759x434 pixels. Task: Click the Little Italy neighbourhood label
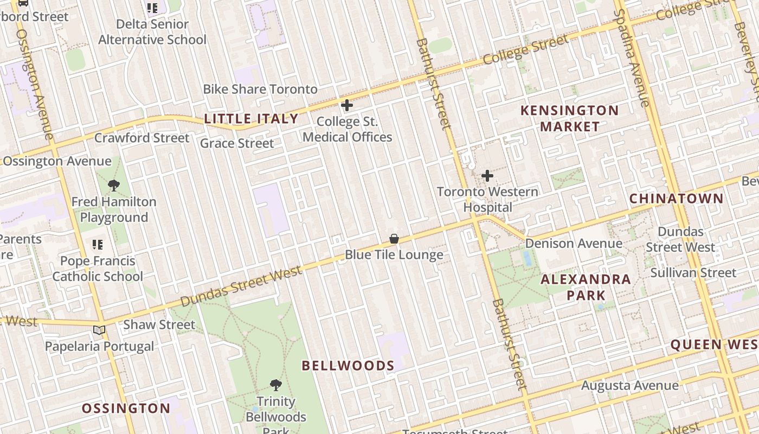(251, 119)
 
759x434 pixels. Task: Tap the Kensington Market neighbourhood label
(569, 118)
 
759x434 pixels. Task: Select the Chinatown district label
(676, 199)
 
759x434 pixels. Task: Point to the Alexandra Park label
(586, 288)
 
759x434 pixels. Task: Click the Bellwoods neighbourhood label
(348, 366)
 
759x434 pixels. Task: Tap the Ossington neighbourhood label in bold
(126, 409)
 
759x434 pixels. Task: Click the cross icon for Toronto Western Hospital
(487, 176)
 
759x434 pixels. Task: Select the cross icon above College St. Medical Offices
(347, 105)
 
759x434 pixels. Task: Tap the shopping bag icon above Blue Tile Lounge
(394, 239)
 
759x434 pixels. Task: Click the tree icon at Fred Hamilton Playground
(113, 186)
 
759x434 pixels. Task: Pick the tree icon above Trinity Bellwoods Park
(276, 386)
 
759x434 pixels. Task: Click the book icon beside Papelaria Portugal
(99, 330)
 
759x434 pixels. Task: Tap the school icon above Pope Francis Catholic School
(98, 245)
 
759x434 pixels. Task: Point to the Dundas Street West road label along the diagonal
(241, 286)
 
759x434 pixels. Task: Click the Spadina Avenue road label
(632, 57)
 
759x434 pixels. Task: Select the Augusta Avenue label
(629, 386)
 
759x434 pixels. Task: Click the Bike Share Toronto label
(260, 89)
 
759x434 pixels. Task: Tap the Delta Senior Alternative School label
(152, 32)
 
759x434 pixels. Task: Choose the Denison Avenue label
(574, 243)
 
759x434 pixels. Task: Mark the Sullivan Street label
(693, 272)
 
